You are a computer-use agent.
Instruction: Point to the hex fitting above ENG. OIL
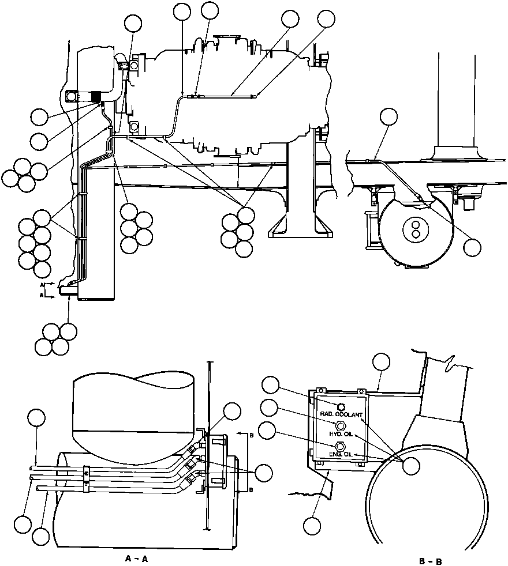click(339, 446)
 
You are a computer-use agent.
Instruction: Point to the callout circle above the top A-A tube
click(37, 418)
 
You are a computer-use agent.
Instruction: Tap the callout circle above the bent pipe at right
click(389, 117)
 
